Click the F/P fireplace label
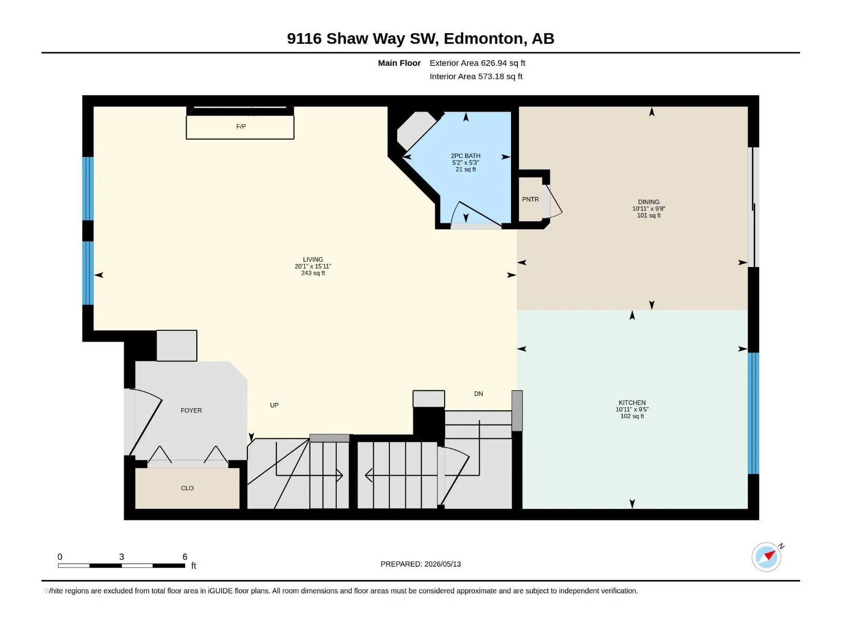tap(241, 126)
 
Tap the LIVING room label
tap(313, 260)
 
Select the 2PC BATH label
tap(465, 156)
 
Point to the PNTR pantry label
tap(530, 199)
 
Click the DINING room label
tap(649, 202)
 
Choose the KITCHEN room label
tap(632, 402)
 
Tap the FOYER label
tap(191, 410)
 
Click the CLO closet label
tap(187, 488)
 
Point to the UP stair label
tap(274, 405)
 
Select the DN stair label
tap(478, 394)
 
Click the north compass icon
tap(767, 557)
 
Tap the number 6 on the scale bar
tap(185, 557)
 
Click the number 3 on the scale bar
tap(122, 557)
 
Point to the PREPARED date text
tap(421, 564)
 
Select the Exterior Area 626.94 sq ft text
tap(477, 63)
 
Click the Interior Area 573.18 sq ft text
tap(476, 76)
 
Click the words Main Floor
tap(399, 63)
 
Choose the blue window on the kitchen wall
tap(754, 413)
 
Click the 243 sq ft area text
tap(313, 273)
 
